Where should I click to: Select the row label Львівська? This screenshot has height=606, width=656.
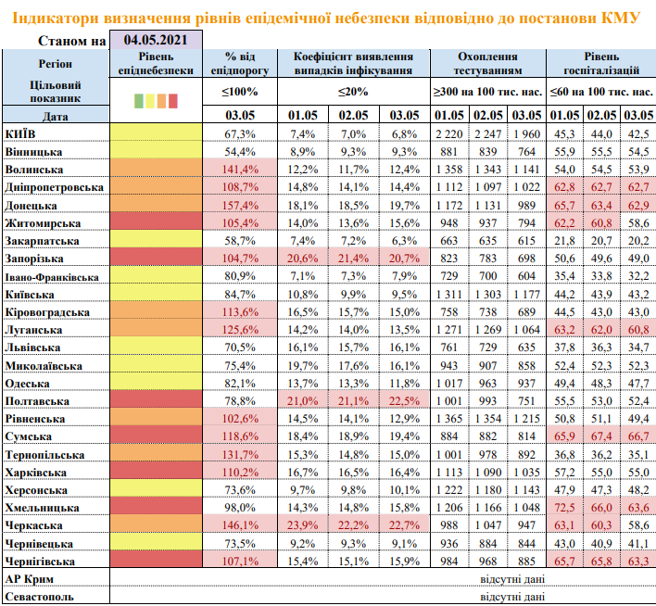[34, 348]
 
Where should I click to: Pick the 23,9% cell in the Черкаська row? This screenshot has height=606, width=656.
[302, 525]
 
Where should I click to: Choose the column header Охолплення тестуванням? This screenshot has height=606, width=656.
[487, 63]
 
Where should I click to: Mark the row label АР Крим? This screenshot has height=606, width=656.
[29, 579]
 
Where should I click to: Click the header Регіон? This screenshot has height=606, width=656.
[48, 63]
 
